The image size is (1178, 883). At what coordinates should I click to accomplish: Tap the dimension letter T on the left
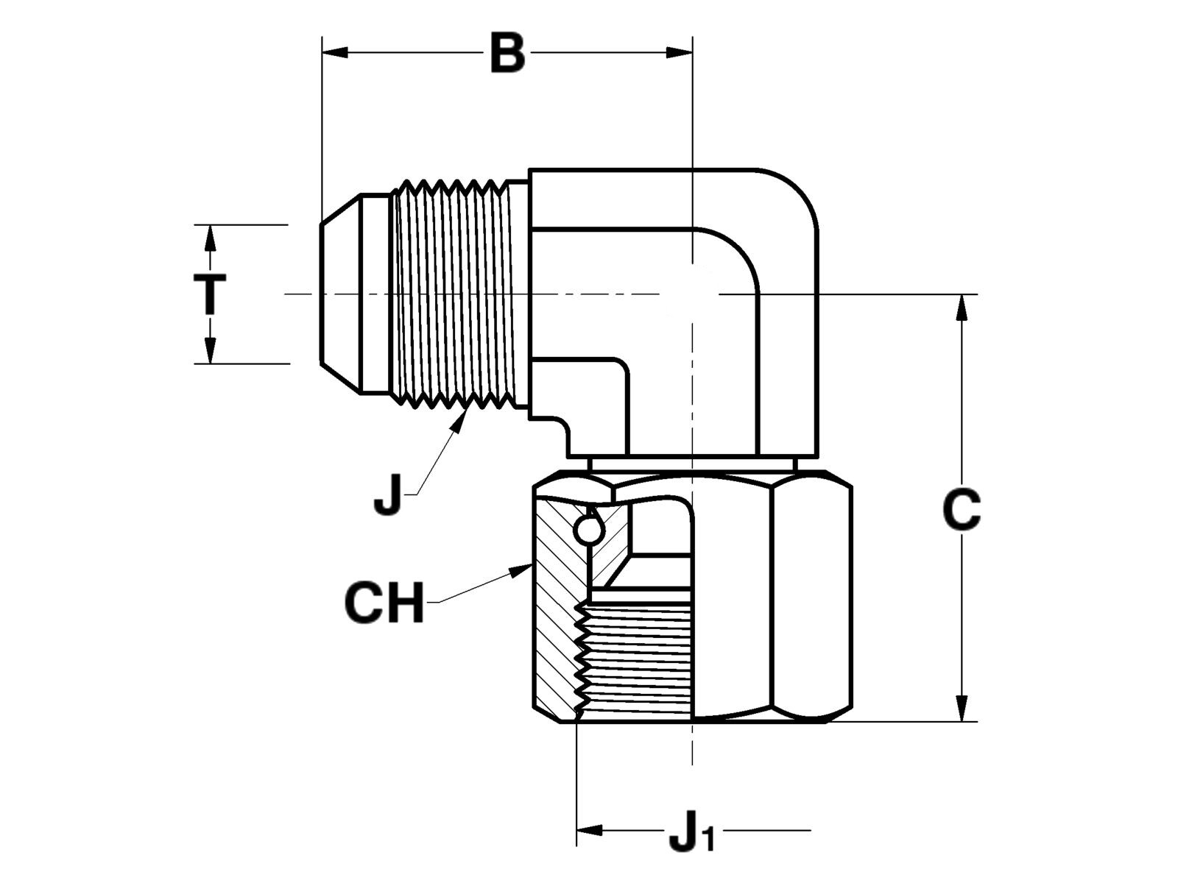[x=210, y=294]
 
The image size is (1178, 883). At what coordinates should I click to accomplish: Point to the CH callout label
[x=384, y=603]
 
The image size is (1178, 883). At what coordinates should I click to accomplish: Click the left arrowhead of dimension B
[x=334, y=52]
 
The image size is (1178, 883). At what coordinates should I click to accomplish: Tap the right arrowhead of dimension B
[x=680, y=52]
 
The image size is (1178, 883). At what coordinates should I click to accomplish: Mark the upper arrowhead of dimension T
[x=210, y=238]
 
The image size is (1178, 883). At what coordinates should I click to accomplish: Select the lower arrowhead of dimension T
[x=210, y=350]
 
